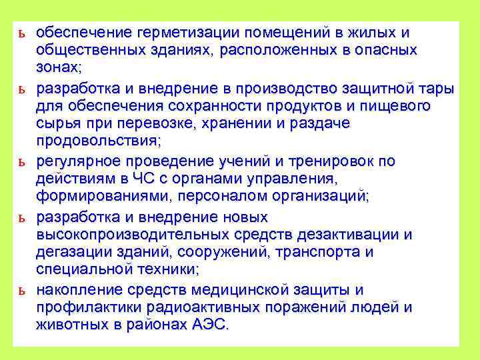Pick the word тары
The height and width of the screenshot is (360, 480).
(439, 89)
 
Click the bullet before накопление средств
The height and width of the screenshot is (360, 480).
(23, 291)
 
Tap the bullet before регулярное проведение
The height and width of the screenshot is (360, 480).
(23, 162)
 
